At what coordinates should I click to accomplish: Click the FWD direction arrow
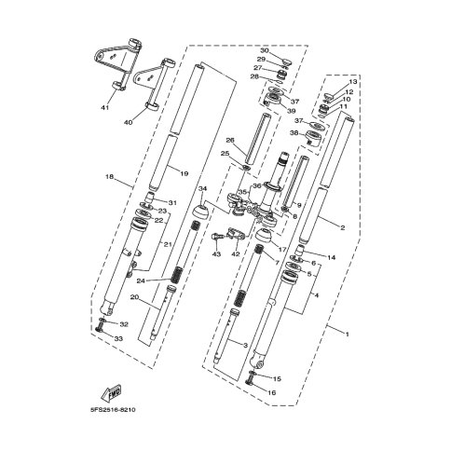point(111,392)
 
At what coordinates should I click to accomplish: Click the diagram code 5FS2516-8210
point(113,410)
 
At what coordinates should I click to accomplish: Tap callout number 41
point(105,108)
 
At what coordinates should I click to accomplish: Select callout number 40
point(128,122)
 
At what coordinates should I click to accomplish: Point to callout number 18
point(110,177)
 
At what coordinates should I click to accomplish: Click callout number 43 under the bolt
point(216,254)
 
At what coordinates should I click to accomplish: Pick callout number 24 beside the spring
point(141,280)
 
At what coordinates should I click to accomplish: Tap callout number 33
point(118,338)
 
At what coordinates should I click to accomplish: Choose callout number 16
point(271,393)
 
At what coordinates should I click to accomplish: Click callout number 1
point(348,335)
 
